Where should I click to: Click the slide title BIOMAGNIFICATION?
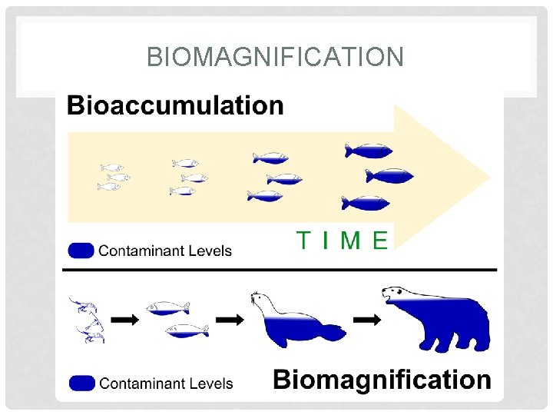(x=275, y=57)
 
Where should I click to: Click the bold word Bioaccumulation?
(x=175, y=105)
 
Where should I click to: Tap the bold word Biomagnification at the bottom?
(x=382, y=379)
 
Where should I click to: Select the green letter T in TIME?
(x=304, y=241)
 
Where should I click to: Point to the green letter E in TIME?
(x=379, y=241)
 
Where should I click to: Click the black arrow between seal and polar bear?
(x=366, y=320)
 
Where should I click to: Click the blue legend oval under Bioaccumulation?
(x=81, y=251)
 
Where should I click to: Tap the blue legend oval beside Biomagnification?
(x=81, y=383)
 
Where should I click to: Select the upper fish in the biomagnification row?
(x=167, y=307)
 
